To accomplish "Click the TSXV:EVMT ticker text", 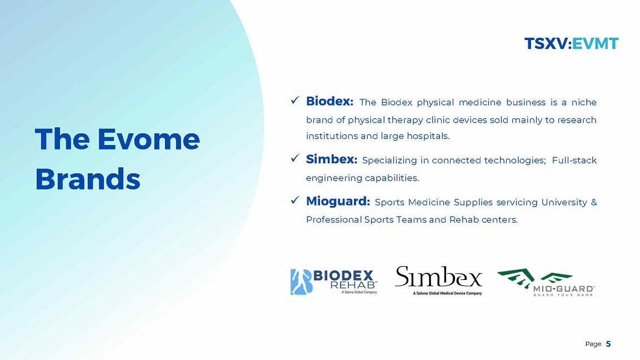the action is pyautogui.click(x=572, y=43).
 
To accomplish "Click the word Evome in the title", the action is pyautogui.click(x=148, y=139).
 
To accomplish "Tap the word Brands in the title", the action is pyautogui.click(x=88, y=179).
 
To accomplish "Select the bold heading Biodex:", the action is pyautogui.click(x=330, y=101).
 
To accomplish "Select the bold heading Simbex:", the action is pyautogui.click(x=332, y=159).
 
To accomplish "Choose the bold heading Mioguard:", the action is pyautogui.click(x=338, y=201).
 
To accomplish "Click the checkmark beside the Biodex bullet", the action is pyautogui.click(x=295, y=100).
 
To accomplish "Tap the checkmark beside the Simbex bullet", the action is pyautogui.click(x=295, y=158).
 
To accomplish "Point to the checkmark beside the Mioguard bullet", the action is pyautogui.click(x=295, y=200).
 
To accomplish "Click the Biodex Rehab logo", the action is pyautogui.click(x=334, y=281).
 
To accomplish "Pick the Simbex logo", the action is pyautogui.click(x=439, y=281).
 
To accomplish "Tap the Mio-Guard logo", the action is pyautogui.click(x=546, y=282).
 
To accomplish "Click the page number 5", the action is pyautogui.click(x=608, y=344).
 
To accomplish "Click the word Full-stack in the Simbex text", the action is pyautogui.click(x=574, y=160).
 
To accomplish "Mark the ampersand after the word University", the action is pyautogui.click(x=594, y=202).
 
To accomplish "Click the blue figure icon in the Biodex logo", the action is pyautogui.click(x=301, y=282).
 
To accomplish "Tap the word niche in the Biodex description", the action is pyautogui.click(x=584, y=102).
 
